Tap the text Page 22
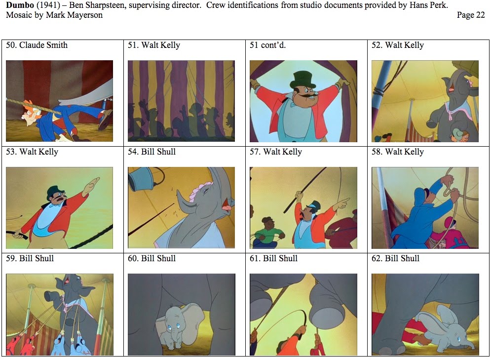tap(471, 15)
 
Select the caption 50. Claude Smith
tap(37, 45)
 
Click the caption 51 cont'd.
tap(267, 45)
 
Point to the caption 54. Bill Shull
tap(151, 152)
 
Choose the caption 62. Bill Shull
tap(395, 259)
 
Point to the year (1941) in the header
tap(50, 5)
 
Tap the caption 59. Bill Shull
tap(30, 259)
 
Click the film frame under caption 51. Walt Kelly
tap(181, 101)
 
